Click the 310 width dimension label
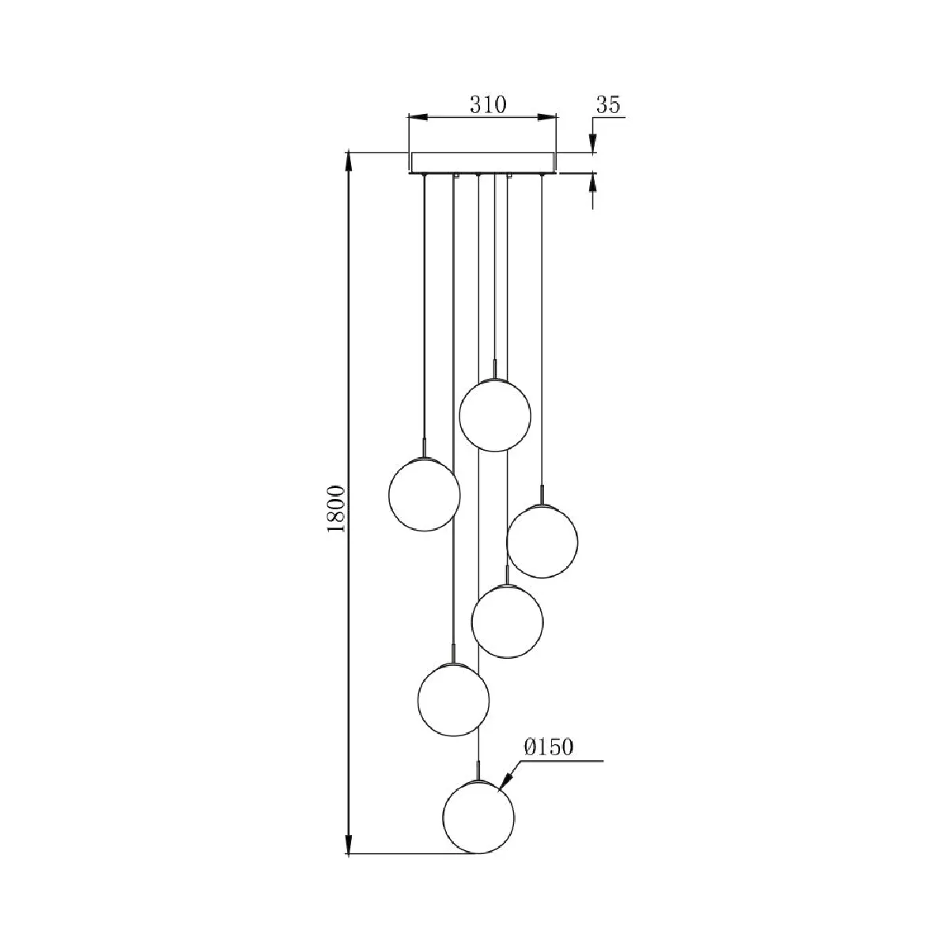pyautogui.click(x=487, y=104)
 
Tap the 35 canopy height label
pyautogui.click(x=607, y=104)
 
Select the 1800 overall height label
pyautogui.click(x=336, y=509)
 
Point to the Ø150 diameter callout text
pyautogui.click(x=549, y=747)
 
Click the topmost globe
pyautogui.click(x=495, y=415)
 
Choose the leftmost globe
pyautogui.click(x=424, y=494)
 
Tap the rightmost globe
pyautogui.click(x=542, y=541)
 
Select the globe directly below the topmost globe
pyautogui.click(x=507, y=621)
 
